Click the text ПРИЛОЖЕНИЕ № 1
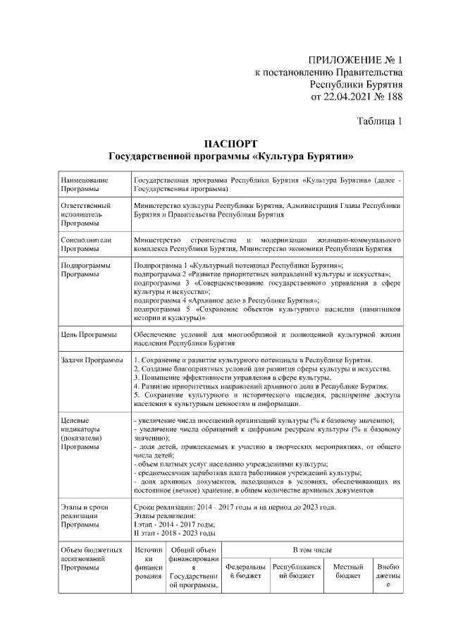coord(355,59)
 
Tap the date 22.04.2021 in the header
coord(347,97)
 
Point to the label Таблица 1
coord(379,121)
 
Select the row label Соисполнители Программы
coord(87,244)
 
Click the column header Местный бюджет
coord(348,570)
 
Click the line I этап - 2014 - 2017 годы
coord(174,525)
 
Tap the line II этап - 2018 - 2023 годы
coord(175,534)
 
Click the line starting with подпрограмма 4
coord(226,300)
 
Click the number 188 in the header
coord(392,97)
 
